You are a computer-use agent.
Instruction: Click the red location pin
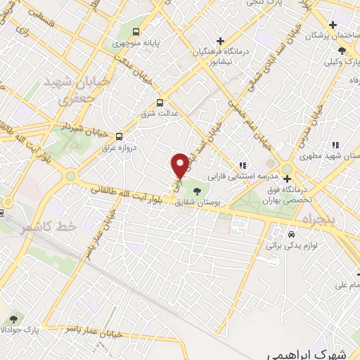click(181, 165)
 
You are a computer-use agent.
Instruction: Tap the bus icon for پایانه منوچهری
click(136, 32)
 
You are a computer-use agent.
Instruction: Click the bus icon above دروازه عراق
click(119, 136)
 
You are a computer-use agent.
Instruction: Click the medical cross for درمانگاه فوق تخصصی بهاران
click(287, 178)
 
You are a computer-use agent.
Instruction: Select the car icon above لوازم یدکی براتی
click(290, 234)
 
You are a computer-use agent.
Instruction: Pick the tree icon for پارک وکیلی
click(342, 51)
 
